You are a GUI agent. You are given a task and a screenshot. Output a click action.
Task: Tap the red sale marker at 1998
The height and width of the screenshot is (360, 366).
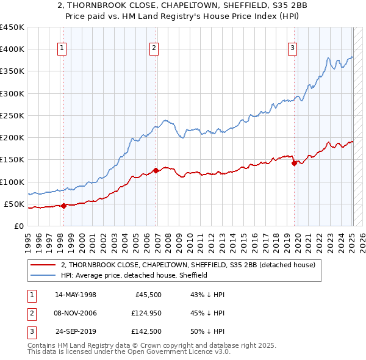pos(63,206)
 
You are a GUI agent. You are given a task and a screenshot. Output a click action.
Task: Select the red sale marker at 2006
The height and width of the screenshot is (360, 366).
pos(156,171)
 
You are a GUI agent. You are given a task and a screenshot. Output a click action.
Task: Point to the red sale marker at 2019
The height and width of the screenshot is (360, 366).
pos(294,163)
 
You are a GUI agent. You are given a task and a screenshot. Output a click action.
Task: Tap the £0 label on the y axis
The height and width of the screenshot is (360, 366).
pos(18,226)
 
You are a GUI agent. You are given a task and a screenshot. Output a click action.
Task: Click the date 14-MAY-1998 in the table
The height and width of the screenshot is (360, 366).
pos(76,295)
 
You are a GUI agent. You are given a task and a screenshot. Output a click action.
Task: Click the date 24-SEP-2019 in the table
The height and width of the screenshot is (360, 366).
pos(76,331)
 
